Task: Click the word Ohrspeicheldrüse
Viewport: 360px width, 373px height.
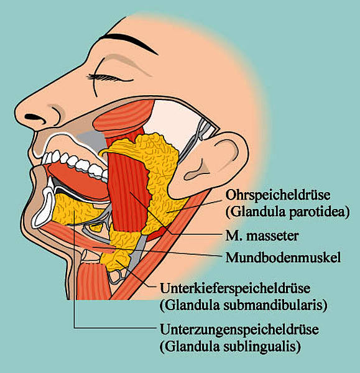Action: [278, 195]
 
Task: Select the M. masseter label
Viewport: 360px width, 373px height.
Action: [262, 236]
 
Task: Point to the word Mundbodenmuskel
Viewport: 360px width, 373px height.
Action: [283, 257]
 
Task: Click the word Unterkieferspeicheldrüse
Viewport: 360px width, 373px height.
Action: [235, 288]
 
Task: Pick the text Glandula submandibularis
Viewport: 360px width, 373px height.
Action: [243, 305]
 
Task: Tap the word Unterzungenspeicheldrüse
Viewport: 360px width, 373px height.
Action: [239, 329]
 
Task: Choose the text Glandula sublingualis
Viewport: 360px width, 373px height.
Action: [230, 346]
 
